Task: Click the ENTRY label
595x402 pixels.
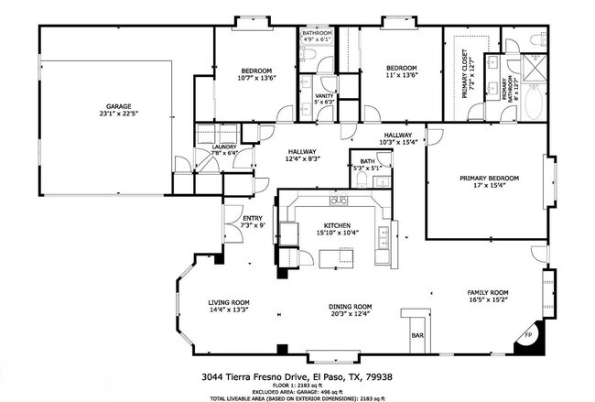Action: pos(252,218)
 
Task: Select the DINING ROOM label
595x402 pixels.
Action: pos(350,307)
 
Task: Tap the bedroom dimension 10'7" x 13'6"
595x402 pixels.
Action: pos(256,78)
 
